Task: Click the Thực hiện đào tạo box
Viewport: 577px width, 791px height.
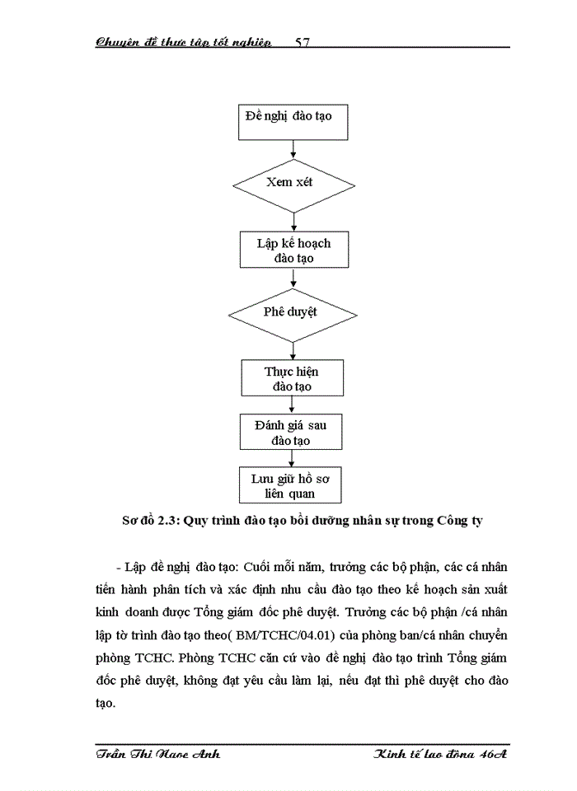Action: (x=293, y=378)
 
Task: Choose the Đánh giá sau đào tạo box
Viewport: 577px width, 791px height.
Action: (x=292, y=433)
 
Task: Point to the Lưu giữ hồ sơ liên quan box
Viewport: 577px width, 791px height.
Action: (x=292, y=486)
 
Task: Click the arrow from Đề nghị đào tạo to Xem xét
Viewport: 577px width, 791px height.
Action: (x=293, y=149)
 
